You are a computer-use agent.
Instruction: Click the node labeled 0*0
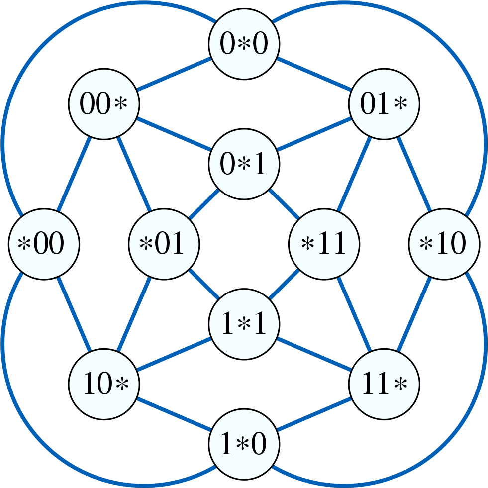tap(244, 44)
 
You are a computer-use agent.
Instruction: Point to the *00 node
tap(44, 244)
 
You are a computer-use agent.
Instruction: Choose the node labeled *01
tap(164, 244)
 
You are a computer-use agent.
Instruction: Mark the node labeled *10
tap(444, 244)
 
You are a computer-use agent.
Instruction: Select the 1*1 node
tap(244, 324)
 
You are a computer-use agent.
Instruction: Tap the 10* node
tap(103, 384)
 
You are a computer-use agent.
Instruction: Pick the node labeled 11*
tap(384, 384)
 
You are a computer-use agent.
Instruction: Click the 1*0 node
tap(244, 444)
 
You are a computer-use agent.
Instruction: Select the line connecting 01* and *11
tap(354, 174)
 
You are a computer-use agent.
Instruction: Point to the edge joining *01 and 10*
tap(134, 314)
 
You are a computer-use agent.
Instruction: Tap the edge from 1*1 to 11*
tap(313, 354)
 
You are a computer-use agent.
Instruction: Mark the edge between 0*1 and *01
tap(204, 204)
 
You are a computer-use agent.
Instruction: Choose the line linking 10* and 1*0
tap(174, 414)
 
